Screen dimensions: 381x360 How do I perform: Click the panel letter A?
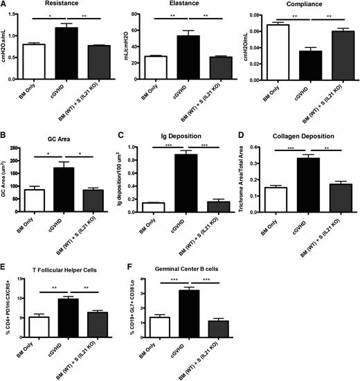(x=6, y=5)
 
